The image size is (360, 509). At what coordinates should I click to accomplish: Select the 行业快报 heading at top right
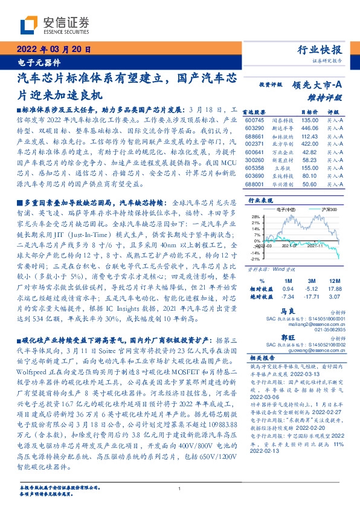pos(321,50)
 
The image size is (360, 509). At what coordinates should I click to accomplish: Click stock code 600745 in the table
pos(255,120)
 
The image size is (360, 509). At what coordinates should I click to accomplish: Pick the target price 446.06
pos(309,128)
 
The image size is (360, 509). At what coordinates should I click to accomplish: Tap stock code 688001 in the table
pos(255,185)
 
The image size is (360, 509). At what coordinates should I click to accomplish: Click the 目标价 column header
pos(309,112)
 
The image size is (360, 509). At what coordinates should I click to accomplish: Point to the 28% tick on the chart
pos(256,216)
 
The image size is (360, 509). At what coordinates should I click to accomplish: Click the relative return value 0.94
pos(288,289)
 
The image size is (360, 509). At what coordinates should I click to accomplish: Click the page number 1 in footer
pos(180,488)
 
